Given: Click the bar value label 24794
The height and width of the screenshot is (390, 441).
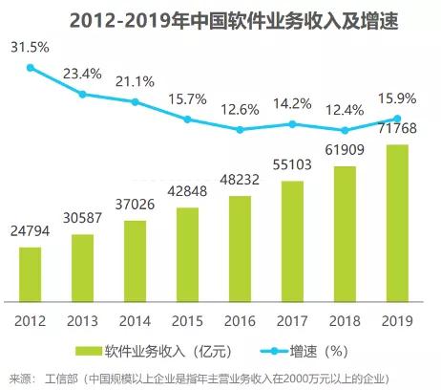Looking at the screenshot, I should pos(31,231).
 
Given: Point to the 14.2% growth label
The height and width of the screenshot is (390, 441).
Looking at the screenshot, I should pos(293,103).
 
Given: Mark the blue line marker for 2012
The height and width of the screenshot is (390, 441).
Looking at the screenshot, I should pos(31,68).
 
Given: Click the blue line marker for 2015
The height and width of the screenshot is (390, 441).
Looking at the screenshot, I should pos(188,119).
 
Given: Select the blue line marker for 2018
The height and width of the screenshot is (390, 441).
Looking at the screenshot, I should pos(346,130).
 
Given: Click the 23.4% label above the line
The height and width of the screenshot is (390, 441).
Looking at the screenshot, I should pos(83,72).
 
